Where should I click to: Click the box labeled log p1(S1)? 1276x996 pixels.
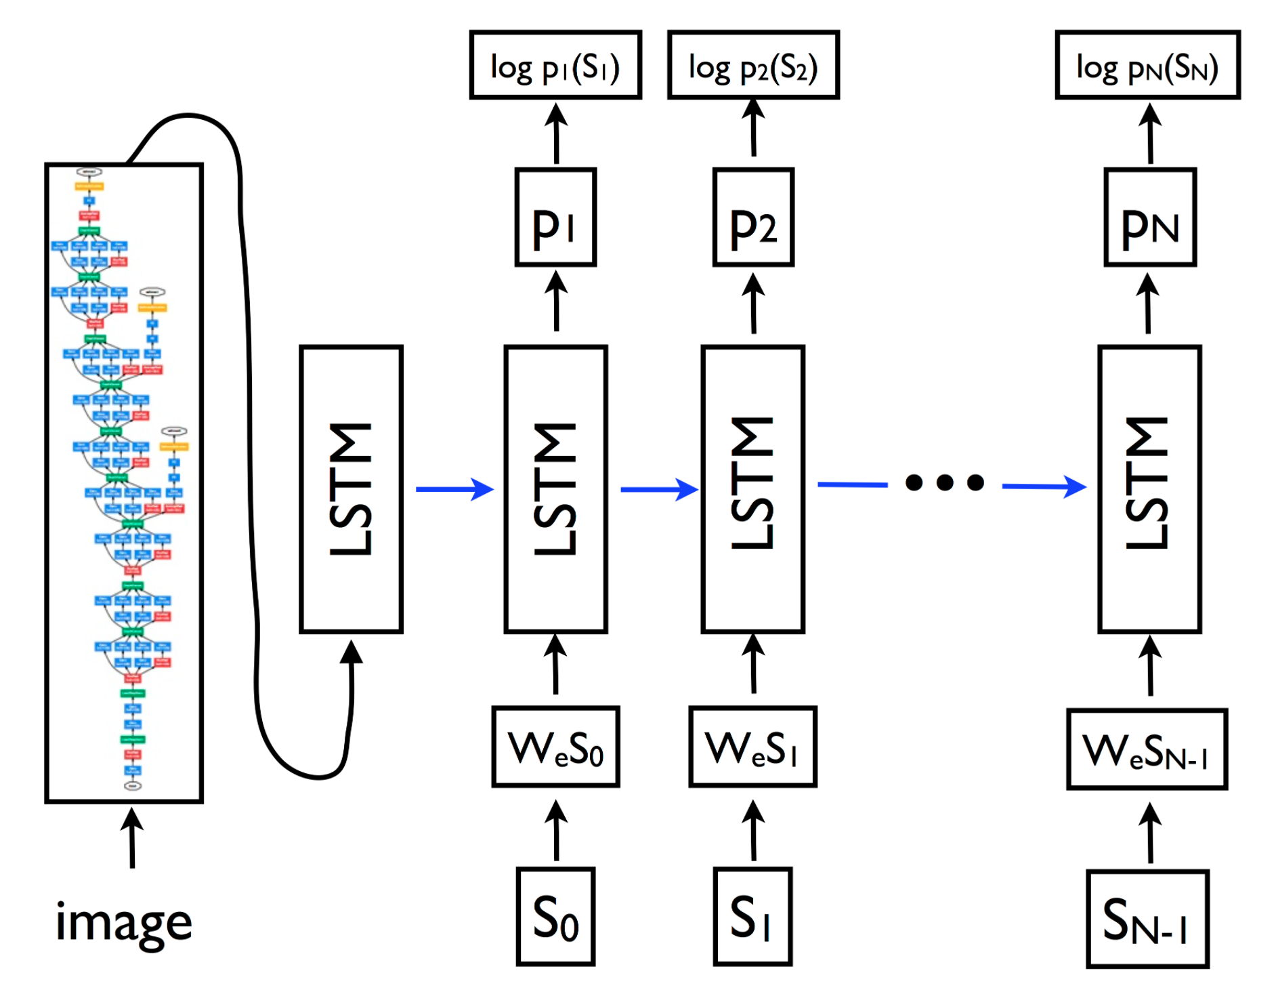(555, 66)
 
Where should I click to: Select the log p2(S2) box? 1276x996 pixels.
(753, 66)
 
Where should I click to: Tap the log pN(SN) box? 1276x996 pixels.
(1147, 66)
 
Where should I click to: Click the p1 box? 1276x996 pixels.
(555, 217)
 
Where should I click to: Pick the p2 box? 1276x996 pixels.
(753, 217)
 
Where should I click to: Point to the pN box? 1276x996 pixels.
(1150, 217)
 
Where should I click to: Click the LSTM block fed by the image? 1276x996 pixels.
(351, 489)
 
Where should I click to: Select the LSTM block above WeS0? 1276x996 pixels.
(555, 489)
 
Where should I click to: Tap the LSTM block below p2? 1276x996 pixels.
(753, 489)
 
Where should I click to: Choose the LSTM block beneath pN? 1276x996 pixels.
(1149, 489)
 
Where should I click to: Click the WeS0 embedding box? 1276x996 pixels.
(555, 747)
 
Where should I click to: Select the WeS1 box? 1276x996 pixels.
(753, 747)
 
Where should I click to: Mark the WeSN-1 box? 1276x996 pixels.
(1147, 749)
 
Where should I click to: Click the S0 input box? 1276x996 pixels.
(555, 916)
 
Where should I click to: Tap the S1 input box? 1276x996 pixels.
(752, 916)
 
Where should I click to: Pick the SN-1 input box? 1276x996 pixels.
(1147, 919)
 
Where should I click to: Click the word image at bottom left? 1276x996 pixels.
(124, 923)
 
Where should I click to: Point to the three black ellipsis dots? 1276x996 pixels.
(945, 482)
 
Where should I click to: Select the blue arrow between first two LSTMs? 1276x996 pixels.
(454, 489)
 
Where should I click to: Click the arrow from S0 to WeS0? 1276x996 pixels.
(556, 831)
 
